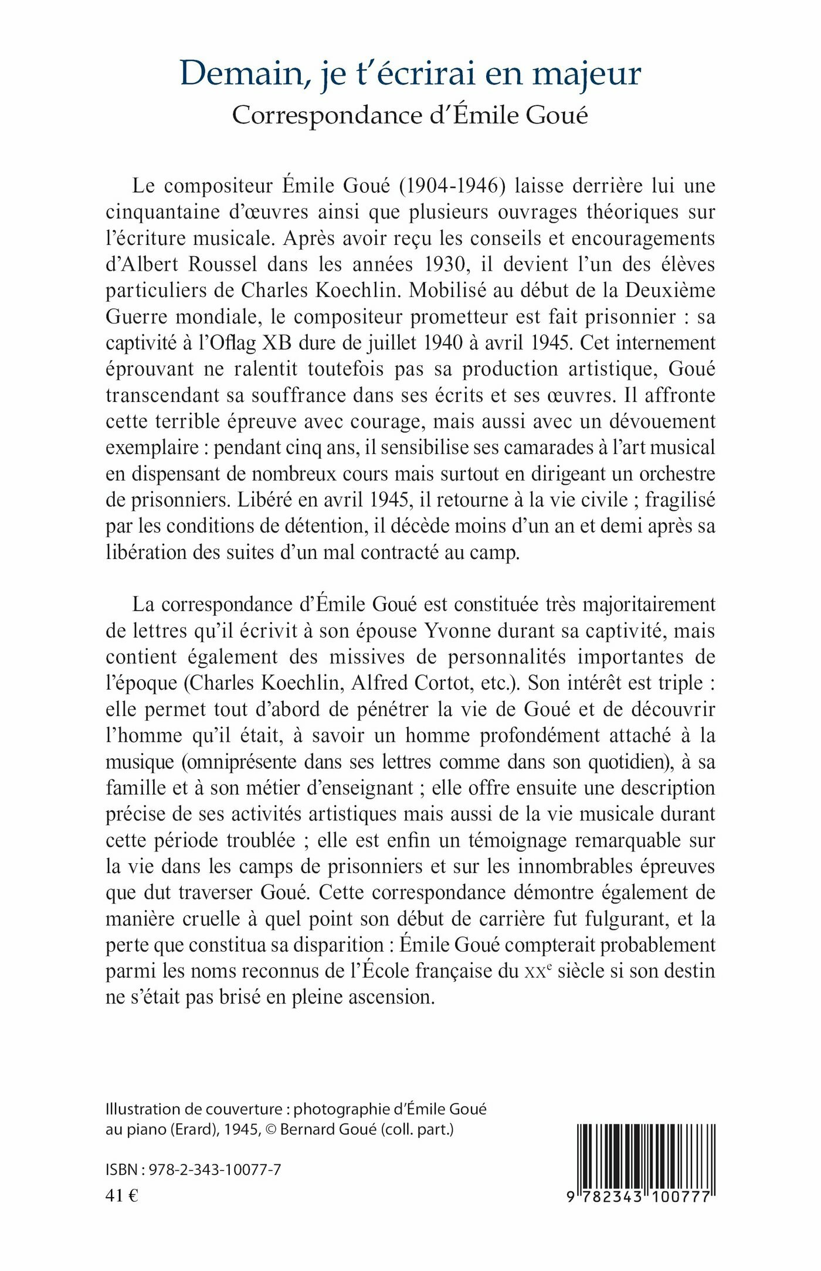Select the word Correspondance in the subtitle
point(327,115)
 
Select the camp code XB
point(277,343)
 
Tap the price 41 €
point(121,1195)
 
